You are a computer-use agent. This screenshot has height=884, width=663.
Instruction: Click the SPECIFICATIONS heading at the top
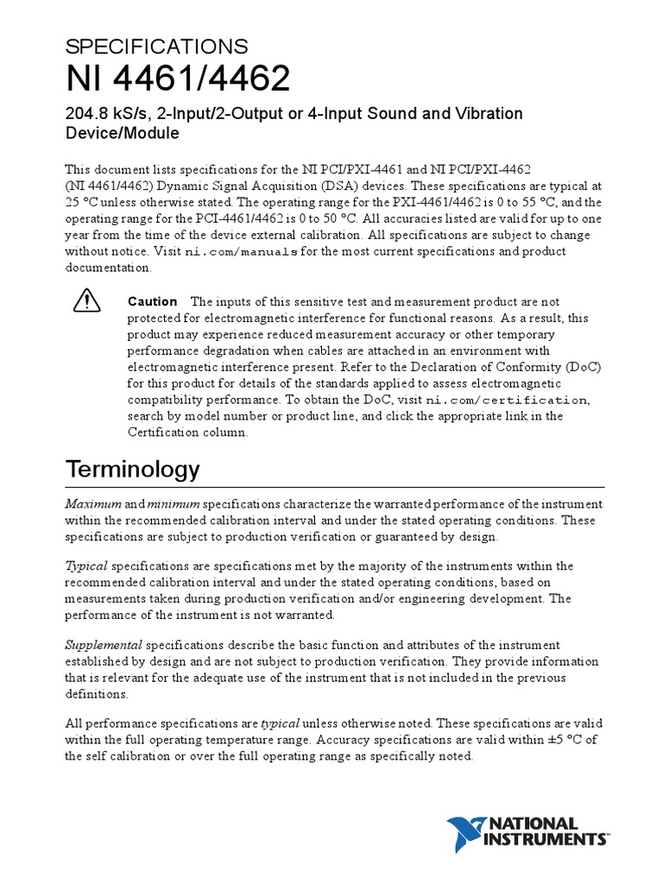click(x=156, y=47)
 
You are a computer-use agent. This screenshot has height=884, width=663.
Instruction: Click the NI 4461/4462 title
click(x=178, y=80)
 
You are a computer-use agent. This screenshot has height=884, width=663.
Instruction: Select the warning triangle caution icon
click(x=86, y=300)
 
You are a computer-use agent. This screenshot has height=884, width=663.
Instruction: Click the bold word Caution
click(x=152, y=301)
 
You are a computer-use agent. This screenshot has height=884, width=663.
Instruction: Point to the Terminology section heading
click(x=132, y=469)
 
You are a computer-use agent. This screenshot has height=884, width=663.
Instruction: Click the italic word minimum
click(x=173, y=503)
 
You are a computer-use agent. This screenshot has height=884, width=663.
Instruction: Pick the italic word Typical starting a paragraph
click(x=86, y=565)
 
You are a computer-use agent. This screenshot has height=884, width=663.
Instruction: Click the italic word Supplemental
click(x=104, y=645)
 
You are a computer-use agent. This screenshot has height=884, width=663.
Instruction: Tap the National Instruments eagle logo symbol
click(x=468, y=834)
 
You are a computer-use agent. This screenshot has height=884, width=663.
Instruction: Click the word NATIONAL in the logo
click(x=534, y=824)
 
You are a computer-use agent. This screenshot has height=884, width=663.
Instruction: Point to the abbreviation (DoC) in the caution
click(x=581, y=366)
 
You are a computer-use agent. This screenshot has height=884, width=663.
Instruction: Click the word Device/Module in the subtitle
click(x=122, y=134)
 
